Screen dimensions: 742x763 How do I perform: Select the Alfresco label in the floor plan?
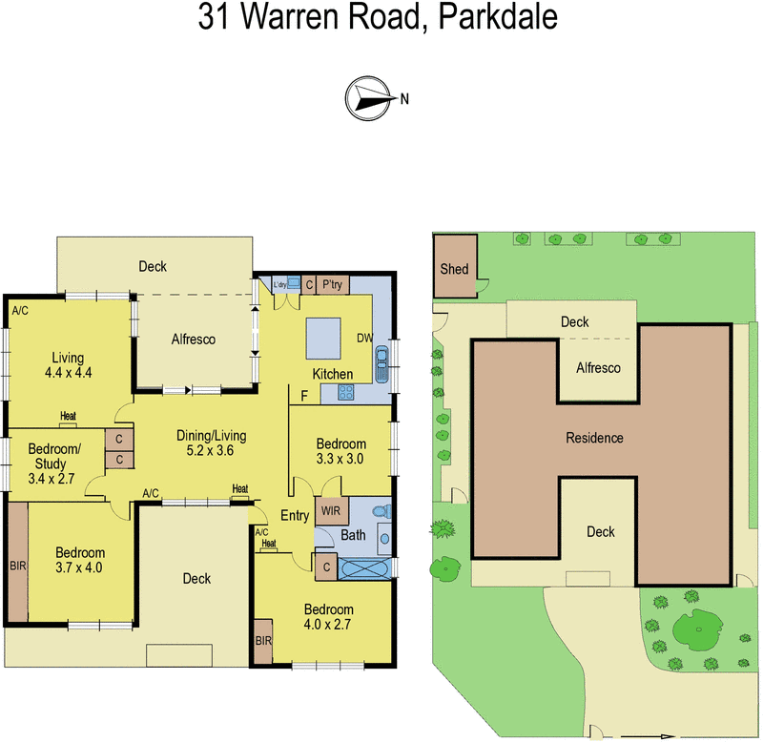193,339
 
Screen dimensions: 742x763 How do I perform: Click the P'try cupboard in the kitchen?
334,283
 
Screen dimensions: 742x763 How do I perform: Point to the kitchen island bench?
322,335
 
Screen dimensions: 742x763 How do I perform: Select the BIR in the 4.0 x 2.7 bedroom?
264,642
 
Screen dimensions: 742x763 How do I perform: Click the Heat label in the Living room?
68,415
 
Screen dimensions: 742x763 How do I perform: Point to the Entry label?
295,516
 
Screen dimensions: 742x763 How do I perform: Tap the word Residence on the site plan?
594,438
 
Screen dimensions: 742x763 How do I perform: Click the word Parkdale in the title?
499,18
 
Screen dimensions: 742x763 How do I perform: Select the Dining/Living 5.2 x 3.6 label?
212,443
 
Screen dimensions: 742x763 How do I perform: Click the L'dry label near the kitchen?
280,283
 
